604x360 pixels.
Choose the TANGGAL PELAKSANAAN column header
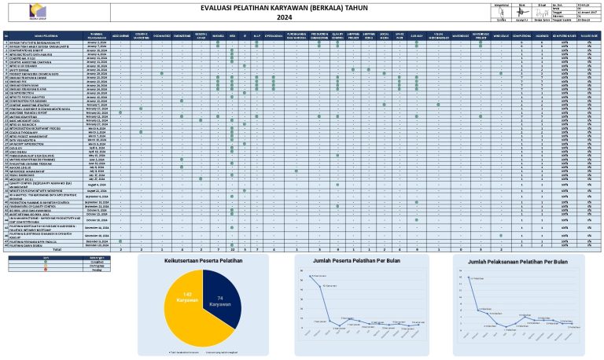pos(97,35)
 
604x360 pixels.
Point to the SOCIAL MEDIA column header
pos(384,35)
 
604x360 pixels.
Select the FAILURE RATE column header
pos(587,35)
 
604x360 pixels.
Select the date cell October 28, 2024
pos(97,219)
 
